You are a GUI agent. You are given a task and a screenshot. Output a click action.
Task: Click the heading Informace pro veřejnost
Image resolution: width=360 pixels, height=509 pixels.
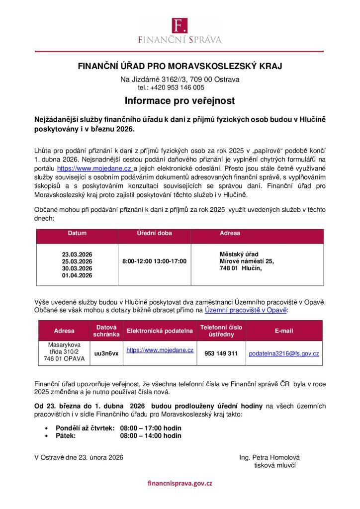pos(180,101)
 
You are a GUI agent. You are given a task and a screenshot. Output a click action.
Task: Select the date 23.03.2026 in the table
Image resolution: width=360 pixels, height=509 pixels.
pos(77,254)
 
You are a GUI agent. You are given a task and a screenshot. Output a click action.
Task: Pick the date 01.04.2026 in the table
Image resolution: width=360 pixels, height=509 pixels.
pos(77,275)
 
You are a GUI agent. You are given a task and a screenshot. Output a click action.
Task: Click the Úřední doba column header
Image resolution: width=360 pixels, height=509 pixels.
pos(154,233)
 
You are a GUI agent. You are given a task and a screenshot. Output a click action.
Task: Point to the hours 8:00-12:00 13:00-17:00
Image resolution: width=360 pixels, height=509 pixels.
pos(154,261)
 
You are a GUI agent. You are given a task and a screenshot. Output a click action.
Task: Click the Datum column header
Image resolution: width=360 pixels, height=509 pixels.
pos(77,233)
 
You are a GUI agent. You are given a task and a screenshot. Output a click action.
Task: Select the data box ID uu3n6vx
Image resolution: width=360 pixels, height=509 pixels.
pos(106,353)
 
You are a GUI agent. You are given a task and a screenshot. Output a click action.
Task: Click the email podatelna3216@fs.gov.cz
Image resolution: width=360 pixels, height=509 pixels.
pos(284,353)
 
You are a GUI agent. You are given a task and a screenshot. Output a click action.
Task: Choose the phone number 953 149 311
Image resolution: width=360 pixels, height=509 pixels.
pos(221,353)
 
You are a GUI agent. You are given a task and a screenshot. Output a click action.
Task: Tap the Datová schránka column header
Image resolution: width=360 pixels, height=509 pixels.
pos(106,331)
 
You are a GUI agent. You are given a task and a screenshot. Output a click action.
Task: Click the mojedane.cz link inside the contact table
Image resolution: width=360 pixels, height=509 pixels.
pos(160,350)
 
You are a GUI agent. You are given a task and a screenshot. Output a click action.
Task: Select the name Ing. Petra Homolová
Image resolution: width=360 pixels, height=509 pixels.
pos(270,457)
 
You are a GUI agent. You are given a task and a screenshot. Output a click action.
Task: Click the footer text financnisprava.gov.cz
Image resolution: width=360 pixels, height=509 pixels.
pos(180,483)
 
